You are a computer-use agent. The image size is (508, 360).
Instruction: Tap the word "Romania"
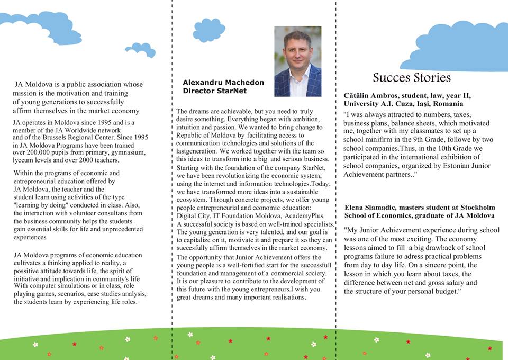[x=448, y=104]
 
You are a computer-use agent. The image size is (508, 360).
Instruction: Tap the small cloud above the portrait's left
[x=209, y=30]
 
